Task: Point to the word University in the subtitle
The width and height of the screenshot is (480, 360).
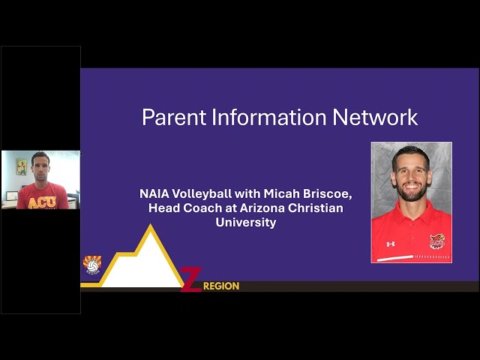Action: (246, 222)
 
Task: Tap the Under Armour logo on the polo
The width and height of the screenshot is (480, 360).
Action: (390, 244)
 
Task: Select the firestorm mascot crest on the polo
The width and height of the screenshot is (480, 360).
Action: (436, 241)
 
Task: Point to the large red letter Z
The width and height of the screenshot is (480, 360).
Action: (191, 280)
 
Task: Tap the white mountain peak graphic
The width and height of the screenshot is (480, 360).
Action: (149, 259)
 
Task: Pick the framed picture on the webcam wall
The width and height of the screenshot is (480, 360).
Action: (22, 166)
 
